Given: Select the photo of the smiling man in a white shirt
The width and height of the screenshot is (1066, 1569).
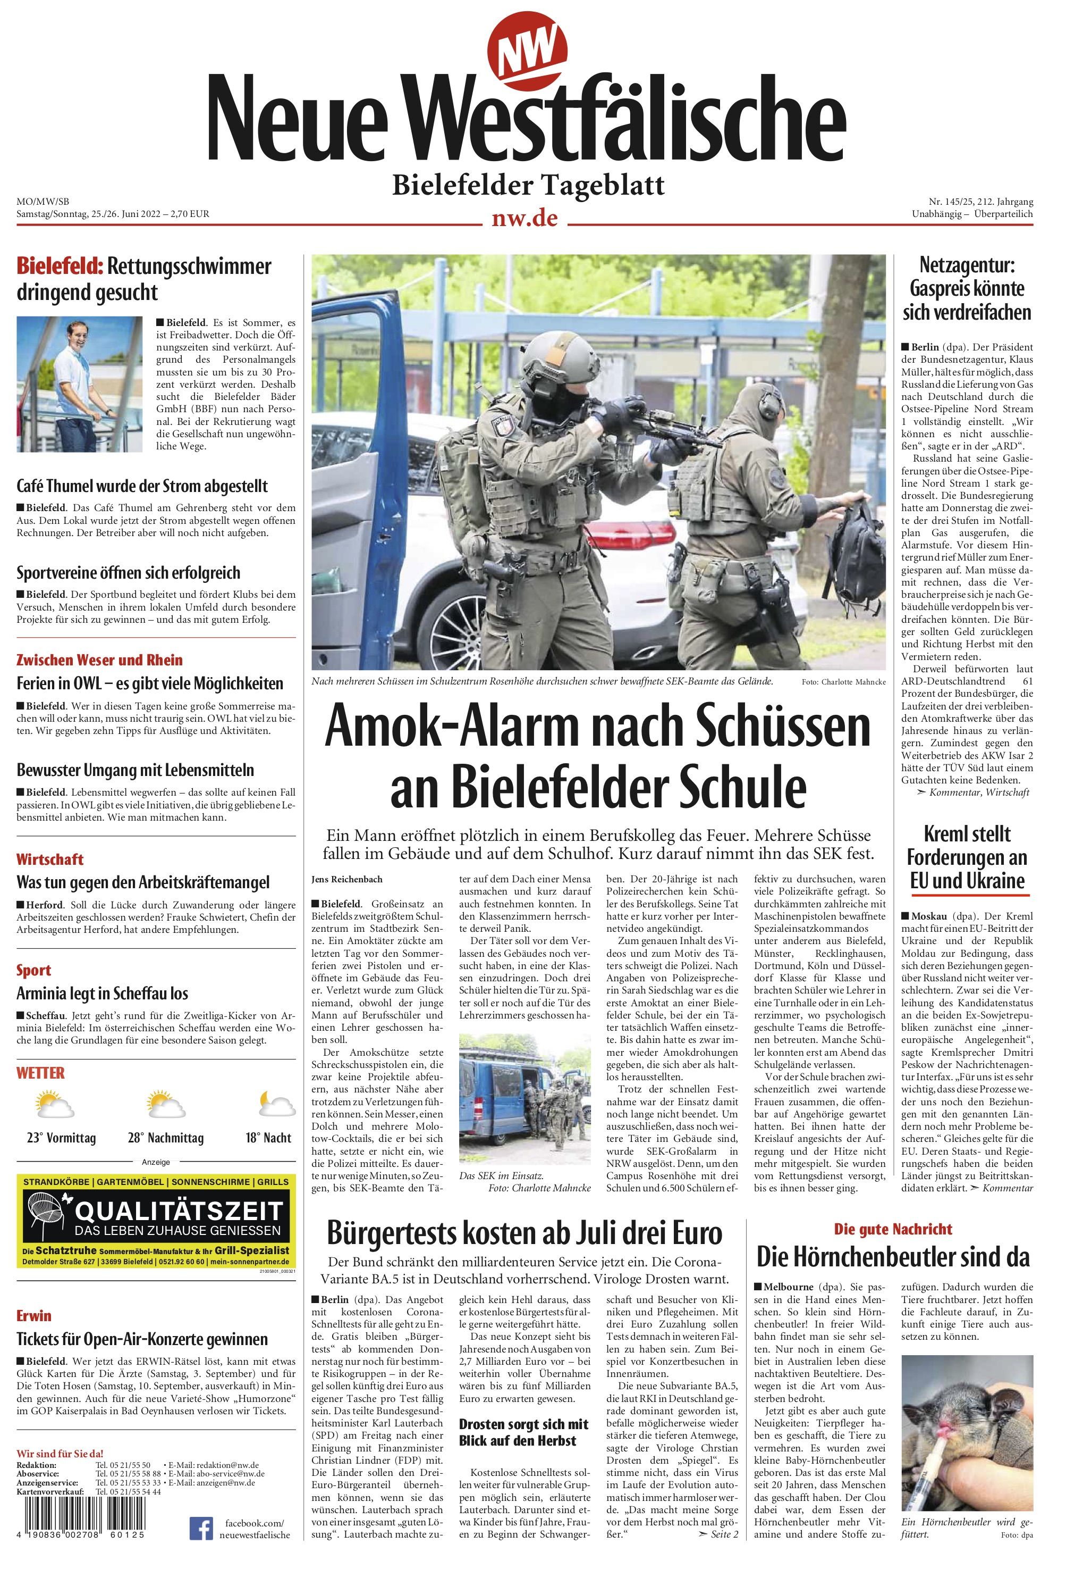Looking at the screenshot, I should [x=80, y=384].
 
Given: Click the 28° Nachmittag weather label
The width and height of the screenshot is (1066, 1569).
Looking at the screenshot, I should [x=165, y=1138].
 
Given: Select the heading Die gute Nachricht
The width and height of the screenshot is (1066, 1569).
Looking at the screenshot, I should [x=893, y=1229].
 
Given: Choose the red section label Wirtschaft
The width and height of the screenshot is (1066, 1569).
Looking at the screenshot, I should [x=49, y=859].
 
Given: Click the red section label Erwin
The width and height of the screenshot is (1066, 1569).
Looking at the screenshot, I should [x=33, y=1315].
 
